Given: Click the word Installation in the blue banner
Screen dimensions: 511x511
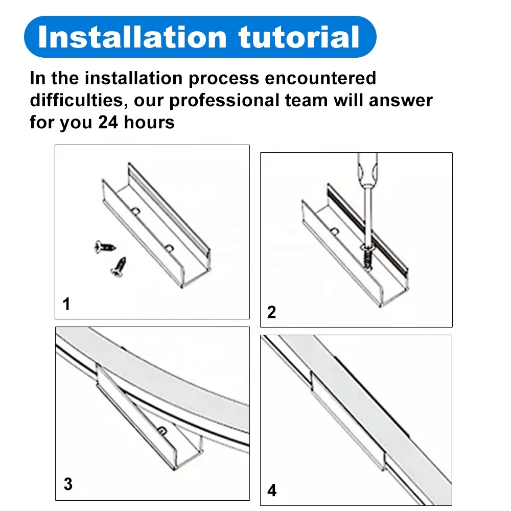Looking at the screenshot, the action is coord(132,37).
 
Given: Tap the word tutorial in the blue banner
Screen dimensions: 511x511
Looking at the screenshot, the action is coord(299,37).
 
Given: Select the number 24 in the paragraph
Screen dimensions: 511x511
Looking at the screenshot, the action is coord(108,122).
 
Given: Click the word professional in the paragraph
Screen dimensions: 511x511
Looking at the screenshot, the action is coord(224,100).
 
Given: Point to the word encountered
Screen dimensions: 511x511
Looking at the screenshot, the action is coord(320,78).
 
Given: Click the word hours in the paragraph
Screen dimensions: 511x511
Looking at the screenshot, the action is coord(149,122).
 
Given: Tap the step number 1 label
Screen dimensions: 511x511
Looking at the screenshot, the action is coord(66,304).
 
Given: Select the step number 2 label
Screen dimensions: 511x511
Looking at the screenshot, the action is coord(271,312).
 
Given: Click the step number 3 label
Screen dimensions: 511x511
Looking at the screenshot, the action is coord(68,484).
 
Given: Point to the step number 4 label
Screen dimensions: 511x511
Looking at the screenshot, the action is coord(272,490).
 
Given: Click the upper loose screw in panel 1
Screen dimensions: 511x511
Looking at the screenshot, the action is coord(105,247).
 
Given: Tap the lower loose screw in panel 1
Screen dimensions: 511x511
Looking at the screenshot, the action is coord(119,267).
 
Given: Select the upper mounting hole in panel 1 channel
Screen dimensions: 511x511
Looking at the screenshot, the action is coord(135,212).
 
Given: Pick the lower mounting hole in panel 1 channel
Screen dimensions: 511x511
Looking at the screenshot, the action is coord(169,249).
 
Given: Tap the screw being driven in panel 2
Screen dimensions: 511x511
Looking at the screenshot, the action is coord(367,257).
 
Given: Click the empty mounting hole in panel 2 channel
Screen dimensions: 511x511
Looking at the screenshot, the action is coord(335,231).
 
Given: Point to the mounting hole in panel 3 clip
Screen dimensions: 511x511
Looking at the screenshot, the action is coord(162,431).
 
